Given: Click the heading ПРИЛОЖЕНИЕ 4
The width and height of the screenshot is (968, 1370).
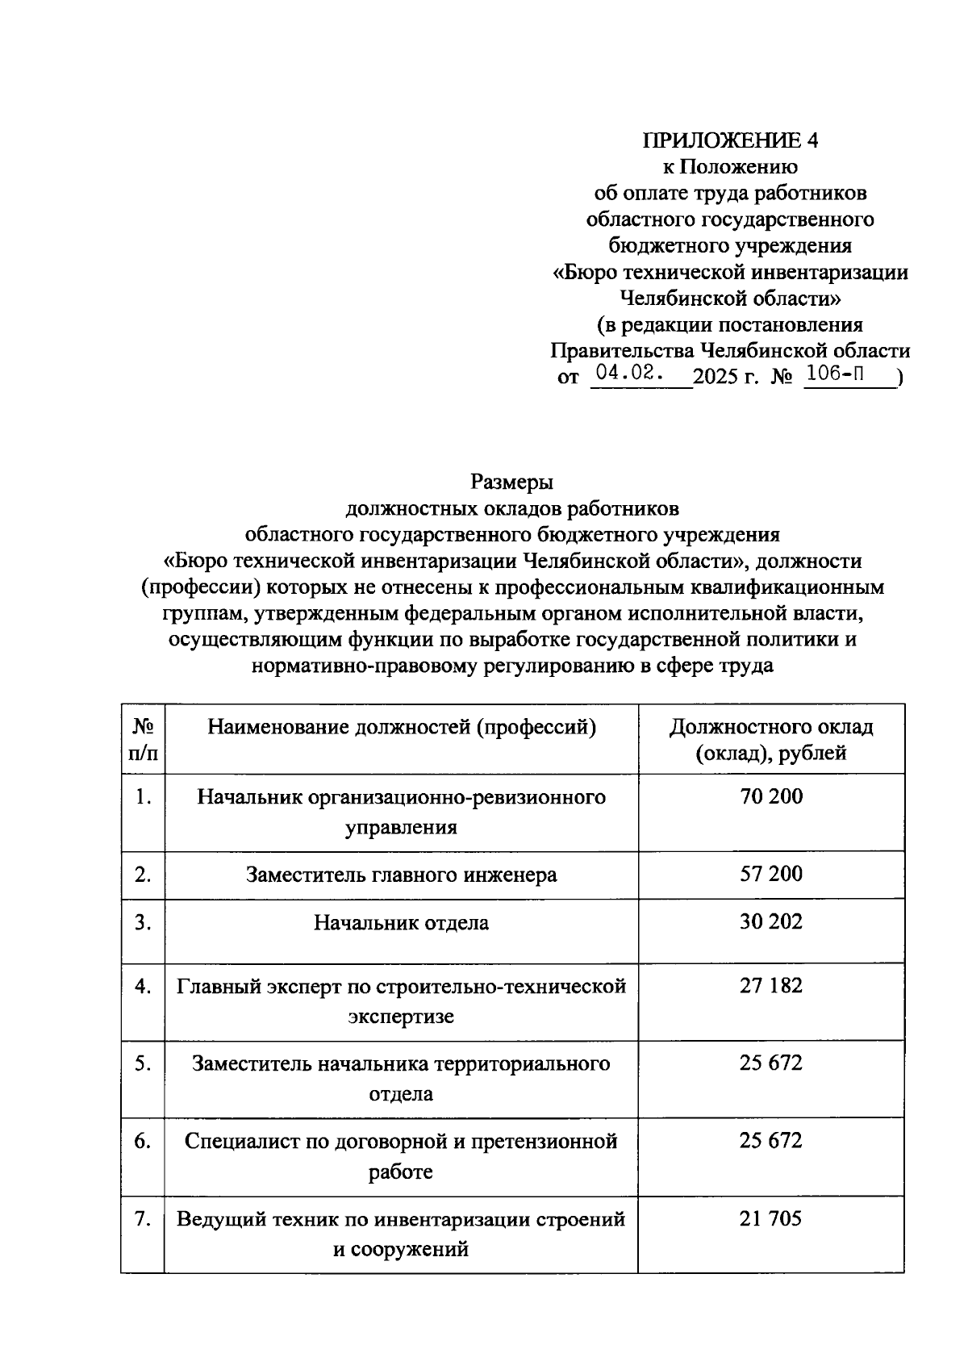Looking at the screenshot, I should point(730,140).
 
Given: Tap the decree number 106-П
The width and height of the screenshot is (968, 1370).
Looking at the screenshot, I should point(841,374).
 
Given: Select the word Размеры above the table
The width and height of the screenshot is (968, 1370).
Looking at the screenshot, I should point(512,482).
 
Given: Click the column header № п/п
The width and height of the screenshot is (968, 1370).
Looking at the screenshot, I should point(143,740).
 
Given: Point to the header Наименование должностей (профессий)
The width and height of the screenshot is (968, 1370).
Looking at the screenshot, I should point(402,728).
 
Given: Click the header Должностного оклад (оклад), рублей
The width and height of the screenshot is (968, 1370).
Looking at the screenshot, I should point(771,740).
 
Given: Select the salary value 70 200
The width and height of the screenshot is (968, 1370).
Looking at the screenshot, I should point(771,796).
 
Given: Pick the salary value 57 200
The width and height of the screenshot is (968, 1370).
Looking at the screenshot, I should point(771,875).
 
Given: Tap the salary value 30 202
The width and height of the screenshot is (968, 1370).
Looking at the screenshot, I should point(771,922).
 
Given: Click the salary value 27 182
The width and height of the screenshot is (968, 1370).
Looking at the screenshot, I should point(771,985).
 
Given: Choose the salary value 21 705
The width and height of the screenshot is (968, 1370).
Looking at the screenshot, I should point(771,1218).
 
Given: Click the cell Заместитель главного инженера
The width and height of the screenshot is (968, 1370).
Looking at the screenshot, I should point(402,875).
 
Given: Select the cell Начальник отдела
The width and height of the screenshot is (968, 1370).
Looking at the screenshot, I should point(402,923).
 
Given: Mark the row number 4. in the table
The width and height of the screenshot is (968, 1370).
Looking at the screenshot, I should point(143,986).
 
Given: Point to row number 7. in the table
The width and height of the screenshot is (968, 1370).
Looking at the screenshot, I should point(143,1219).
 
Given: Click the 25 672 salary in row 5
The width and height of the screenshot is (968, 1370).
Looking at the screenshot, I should point(771,1063).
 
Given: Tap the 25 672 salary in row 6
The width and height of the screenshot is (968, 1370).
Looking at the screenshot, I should point(771,1141).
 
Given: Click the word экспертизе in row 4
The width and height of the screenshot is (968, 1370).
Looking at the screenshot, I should point(402,1017).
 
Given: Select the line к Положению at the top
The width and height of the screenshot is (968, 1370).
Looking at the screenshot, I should point(730,167).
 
